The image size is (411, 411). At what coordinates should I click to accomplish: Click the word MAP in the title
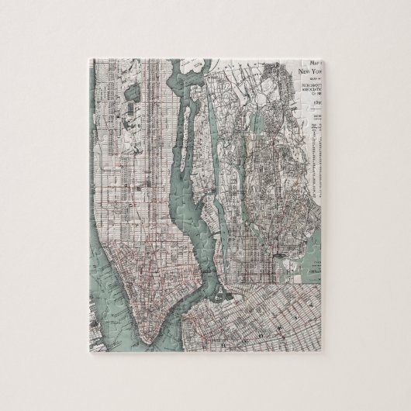point(313,63)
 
